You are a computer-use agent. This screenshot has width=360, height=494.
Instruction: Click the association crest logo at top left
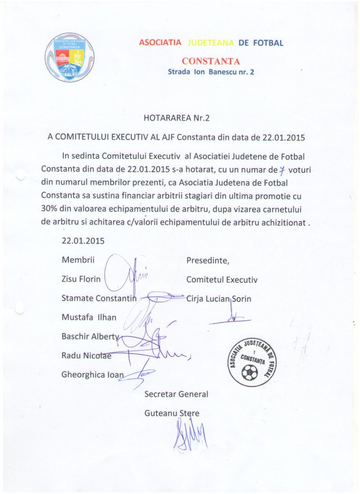pyautogui.click(x=69, y=57)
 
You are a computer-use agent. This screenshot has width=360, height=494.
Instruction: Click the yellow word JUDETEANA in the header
pyautogui.click(x=210, y=43)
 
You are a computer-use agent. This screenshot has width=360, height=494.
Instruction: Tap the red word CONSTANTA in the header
pyautogui.click(x=210, y=61)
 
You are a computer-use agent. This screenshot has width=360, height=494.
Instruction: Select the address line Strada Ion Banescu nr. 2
pyautogui.click(x=211, y=72)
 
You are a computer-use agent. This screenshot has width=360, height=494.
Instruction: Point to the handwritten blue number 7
pyautogui.click(x=282, y=170)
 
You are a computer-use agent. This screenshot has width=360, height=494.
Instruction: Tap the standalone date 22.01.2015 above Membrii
pyautogui.click(x=83, y=241)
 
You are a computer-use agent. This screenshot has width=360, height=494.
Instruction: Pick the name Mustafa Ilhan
pyautogui.click(x=89, y=317)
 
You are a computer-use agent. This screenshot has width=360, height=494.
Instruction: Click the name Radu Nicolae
pyautogui.click(x=86, y=355)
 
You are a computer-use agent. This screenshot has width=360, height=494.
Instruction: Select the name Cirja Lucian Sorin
pyautogui.click(x=219, y=298)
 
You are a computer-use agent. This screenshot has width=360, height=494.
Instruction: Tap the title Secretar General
pyautogui.click(x=176, y=394)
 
